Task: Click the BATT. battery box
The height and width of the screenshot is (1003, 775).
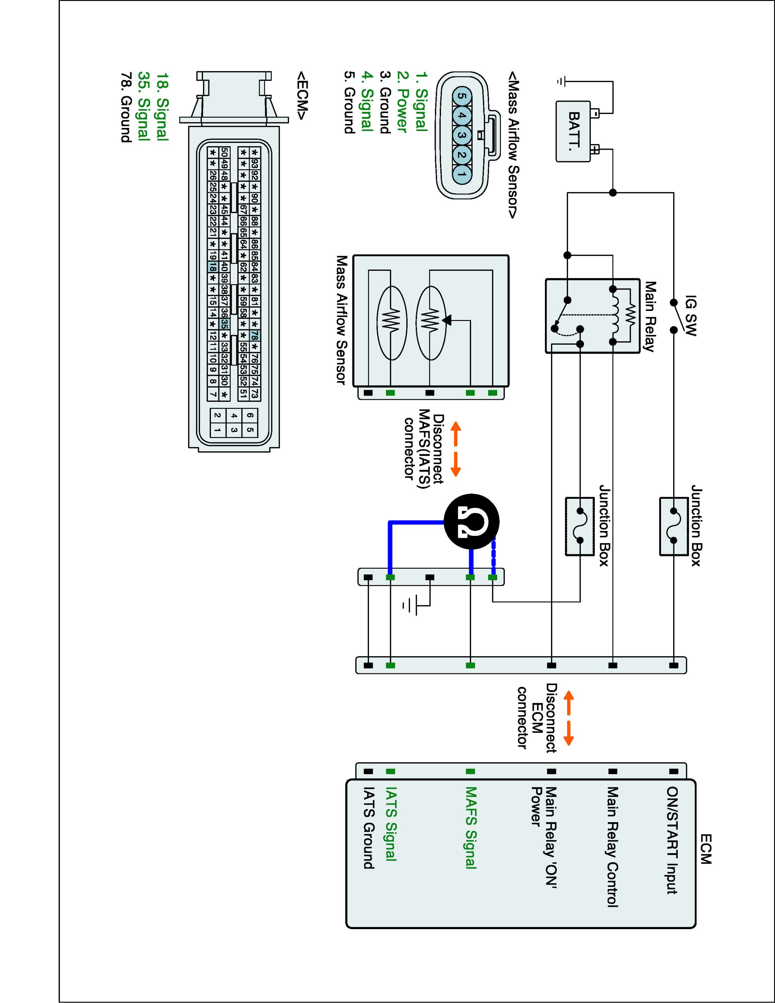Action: (x=573, y=131)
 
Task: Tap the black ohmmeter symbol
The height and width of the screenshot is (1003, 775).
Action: (x=471, y=522)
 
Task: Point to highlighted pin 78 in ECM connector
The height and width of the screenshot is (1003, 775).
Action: (x=255, y=335)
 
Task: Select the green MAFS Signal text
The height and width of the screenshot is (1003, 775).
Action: (x=471, y=828)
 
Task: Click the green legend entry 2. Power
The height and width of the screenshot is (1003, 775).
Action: (x=401, y=102)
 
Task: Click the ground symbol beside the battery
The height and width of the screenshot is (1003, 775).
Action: (x=561, y=82)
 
